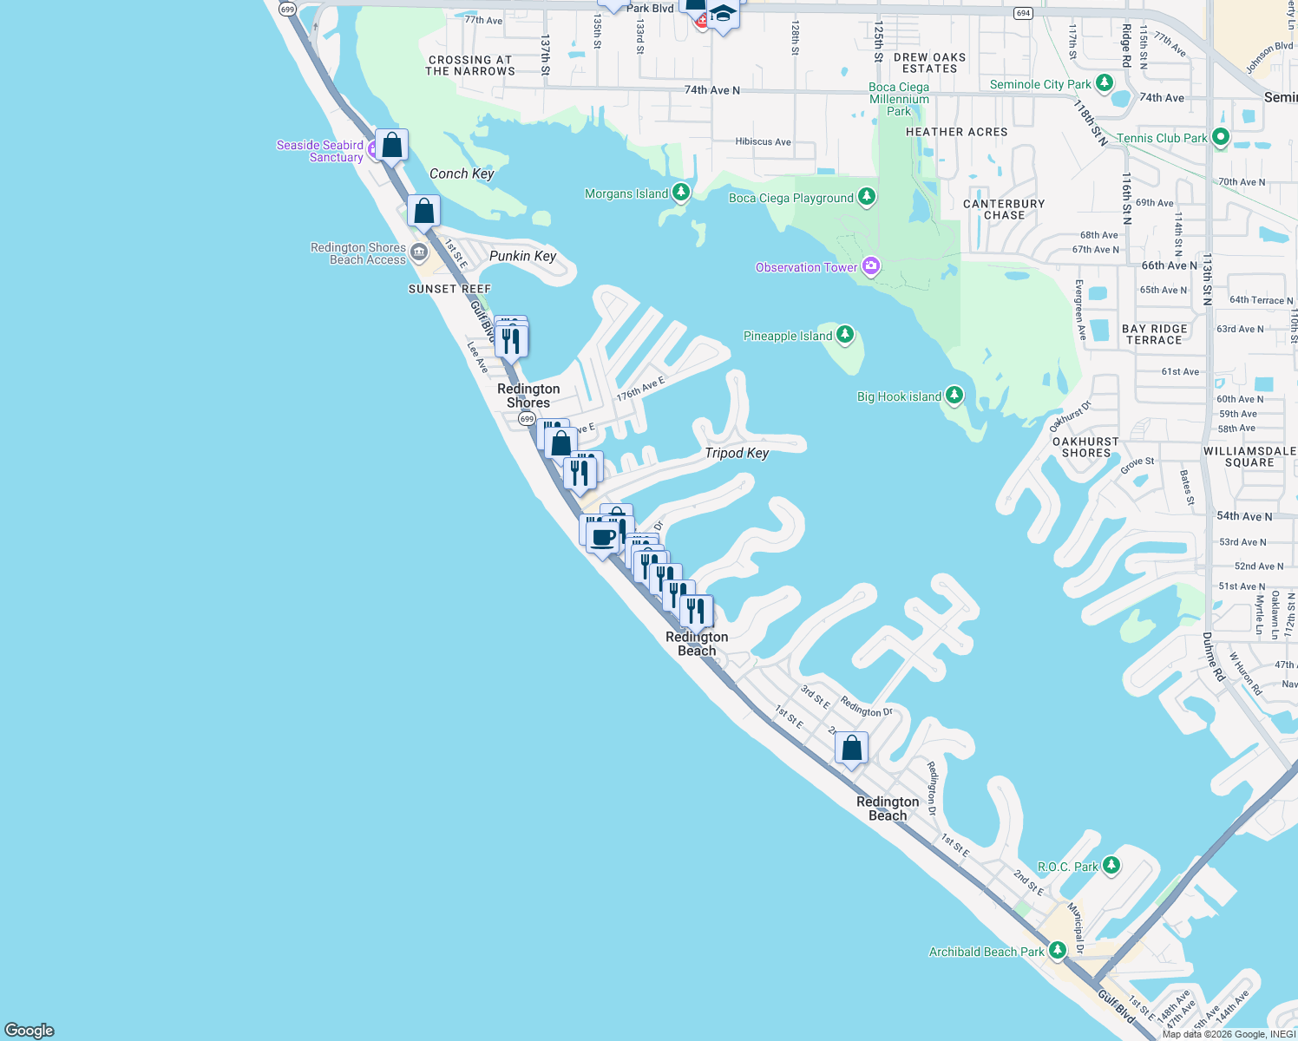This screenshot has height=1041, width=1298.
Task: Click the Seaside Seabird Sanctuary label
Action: (319, 151)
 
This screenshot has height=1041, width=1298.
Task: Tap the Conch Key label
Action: (462, 173)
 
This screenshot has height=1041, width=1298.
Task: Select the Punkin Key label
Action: (522, 256)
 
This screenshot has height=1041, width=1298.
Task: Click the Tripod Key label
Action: (737, 453)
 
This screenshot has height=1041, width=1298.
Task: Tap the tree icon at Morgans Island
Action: (681, 193)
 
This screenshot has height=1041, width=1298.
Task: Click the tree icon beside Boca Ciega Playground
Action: (867, 197)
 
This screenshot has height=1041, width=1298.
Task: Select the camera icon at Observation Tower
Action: (871, 267)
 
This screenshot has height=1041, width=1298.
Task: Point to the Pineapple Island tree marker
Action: (845, 335)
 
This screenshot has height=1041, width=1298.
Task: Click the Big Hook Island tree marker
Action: (954, 396)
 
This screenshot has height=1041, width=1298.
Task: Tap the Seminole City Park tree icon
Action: (1105, 83)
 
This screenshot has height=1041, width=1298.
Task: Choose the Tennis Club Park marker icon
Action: (1221, 137)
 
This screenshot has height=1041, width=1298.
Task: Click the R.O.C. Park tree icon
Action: (1111, 866)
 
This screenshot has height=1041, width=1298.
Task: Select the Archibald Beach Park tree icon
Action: (1058, 951)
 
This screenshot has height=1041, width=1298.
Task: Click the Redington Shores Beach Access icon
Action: (419, 252)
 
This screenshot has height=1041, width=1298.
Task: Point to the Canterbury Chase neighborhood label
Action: (1004, 209)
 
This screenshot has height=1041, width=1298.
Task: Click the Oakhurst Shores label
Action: (1085, 447)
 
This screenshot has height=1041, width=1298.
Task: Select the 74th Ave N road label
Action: (711, 90)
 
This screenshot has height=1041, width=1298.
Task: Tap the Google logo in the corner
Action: (29, 1030)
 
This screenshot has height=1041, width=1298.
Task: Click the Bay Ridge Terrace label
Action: (1154, 334)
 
